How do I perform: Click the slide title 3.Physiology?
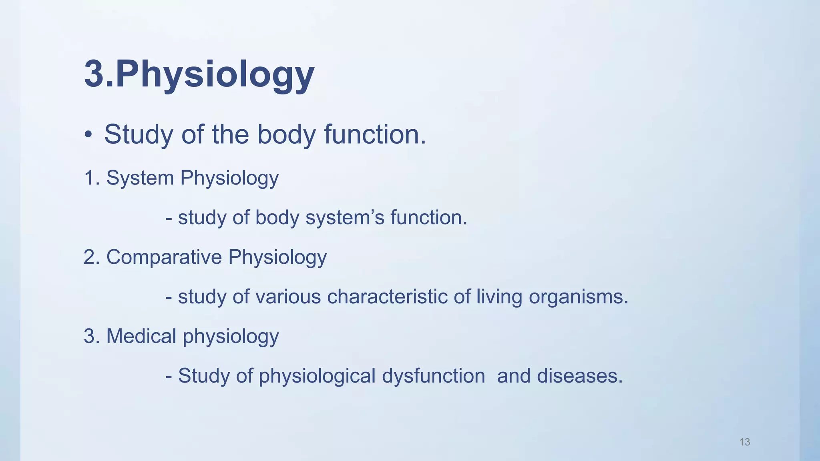pos(199,74)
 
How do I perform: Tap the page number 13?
pos(744,442)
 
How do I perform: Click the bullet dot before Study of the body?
pos(88,135)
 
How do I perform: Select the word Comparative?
pos(164,257)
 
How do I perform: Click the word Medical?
pos(141,336)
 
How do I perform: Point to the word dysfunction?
pos(433,376)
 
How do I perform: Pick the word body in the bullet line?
pos(286,134)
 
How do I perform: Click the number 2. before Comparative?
pos(92,257)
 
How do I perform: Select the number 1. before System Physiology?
pos(92,178)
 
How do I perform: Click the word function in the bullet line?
pos(375,134)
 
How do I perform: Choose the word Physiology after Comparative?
pos(277,257)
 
